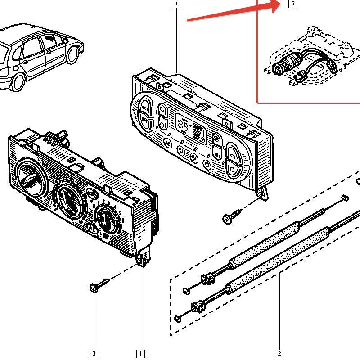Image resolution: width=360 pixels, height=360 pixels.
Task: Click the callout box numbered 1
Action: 140,354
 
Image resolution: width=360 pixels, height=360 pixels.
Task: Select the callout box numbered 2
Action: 279,354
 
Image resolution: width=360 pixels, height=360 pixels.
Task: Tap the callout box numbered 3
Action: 94,354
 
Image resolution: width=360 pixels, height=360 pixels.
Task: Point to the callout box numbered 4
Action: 176,4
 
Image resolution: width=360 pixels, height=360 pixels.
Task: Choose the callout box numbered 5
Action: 293,4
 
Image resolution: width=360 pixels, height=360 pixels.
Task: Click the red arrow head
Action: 277,6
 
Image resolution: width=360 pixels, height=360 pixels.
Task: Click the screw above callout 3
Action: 99,285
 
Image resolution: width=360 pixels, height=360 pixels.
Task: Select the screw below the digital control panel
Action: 232,216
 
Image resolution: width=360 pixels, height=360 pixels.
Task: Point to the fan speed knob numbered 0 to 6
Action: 107,220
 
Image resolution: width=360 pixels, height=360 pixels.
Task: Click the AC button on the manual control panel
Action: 93,229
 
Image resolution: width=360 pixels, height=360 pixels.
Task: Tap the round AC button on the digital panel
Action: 168,143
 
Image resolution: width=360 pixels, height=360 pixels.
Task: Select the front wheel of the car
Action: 72,55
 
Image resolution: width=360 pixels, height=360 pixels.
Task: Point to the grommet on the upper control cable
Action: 208,278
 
